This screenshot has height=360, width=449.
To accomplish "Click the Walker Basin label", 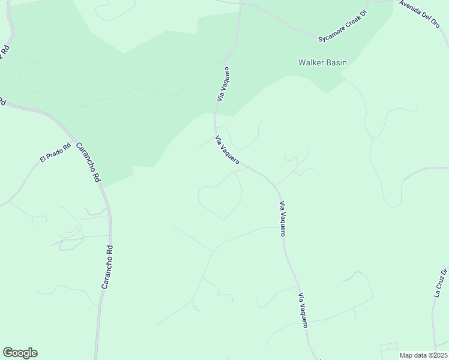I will pos(322,62).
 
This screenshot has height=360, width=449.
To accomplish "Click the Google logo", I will pos(20,353).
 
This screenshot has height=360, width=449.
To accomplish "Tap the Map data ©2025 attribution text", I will pos(424,355).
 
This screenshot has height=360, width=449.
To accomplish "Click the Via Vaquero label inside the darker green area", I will pos(223,84).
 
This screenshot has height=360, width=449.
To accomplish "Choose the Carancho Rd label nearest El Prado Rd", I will pos(88,162).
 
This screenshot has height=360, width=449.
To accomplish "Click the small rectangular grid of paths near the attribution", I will pos(389,350).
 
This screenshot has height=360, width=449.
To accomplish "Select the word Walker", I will pos(310,62).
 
